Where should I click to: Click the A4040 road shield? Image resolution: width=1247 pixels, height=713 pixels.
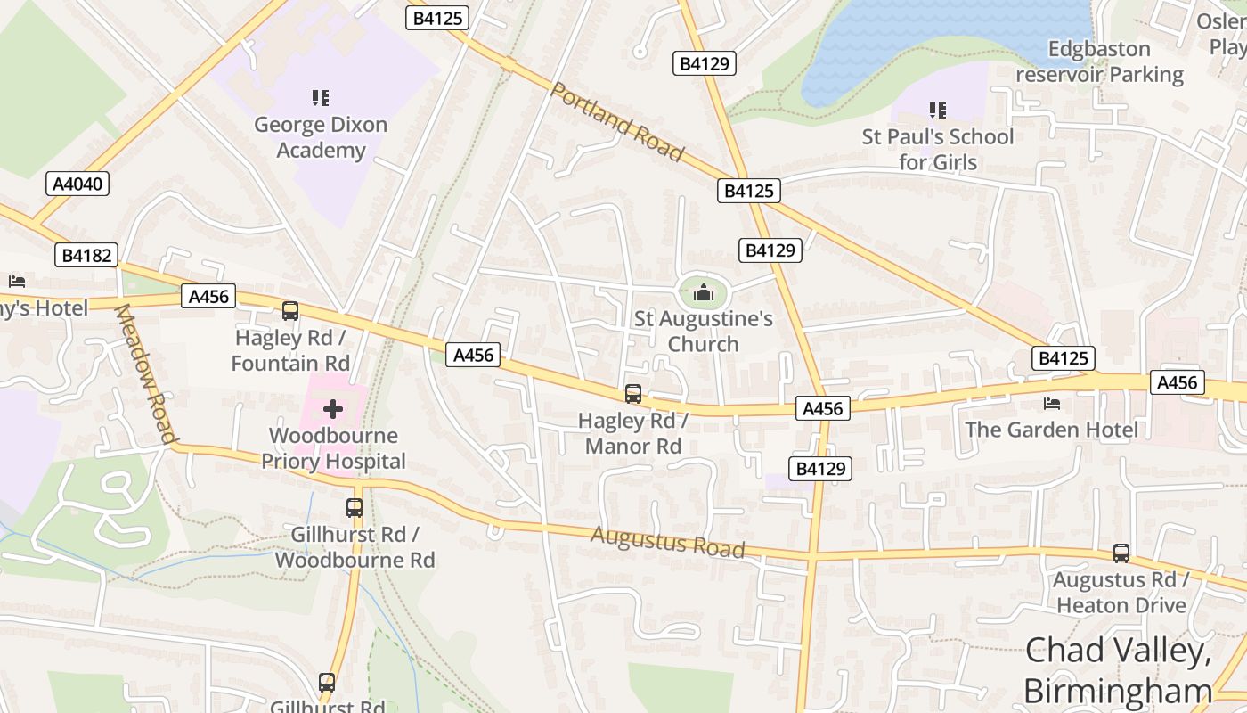77,184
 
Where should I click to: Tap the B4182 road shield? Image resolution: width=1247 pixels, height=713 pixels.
86,256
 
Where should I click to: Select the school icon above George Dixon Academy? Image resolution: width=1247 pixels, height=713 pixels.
321,98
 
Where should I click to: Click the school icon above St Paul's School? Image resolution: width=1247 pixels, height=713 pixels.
937,111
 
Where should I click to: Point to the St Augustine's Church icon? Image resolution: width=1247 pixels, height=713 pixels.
704,292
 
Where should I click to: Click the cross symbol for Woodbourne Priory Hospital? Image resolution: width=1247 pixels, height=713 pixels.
333,409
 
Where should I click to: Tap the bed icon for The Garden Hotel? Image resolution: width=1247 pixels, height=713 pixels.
1051,404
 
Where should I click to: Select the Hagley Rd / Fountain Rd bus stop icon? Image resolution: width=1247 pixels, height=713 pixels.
290,311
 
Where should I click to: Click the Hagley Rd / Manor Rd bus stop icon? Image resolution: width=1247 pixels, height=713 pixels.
632,393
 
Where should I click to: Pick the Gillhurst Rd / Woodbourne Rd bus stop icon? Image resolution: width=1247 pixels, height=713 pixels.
355,508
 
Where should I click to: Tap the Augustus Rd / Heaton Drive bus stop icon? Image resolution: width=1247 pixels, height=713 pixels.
1121,553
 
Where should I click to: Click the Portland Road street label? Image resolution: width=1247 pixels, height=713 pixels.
617,122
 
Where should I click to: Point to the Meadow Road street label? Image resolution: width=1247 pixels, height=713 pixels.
146,373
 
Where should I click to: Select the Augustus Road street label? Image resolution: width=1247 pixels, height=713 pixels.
667,541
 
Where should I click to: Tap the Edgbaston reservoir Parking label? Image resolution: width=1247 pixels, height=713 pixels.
1100,61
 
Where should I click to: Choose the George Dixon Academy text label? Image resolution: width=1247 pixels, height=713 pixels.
321,137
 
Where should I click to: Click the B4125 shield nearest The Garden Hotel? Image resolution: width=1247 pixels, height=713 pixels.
1064,358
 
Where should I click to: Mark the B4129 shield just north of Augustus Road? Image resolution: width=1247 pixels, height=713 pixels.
820,469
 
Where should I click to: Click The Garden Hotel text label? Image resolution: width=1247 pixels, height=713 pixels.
1051,430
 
